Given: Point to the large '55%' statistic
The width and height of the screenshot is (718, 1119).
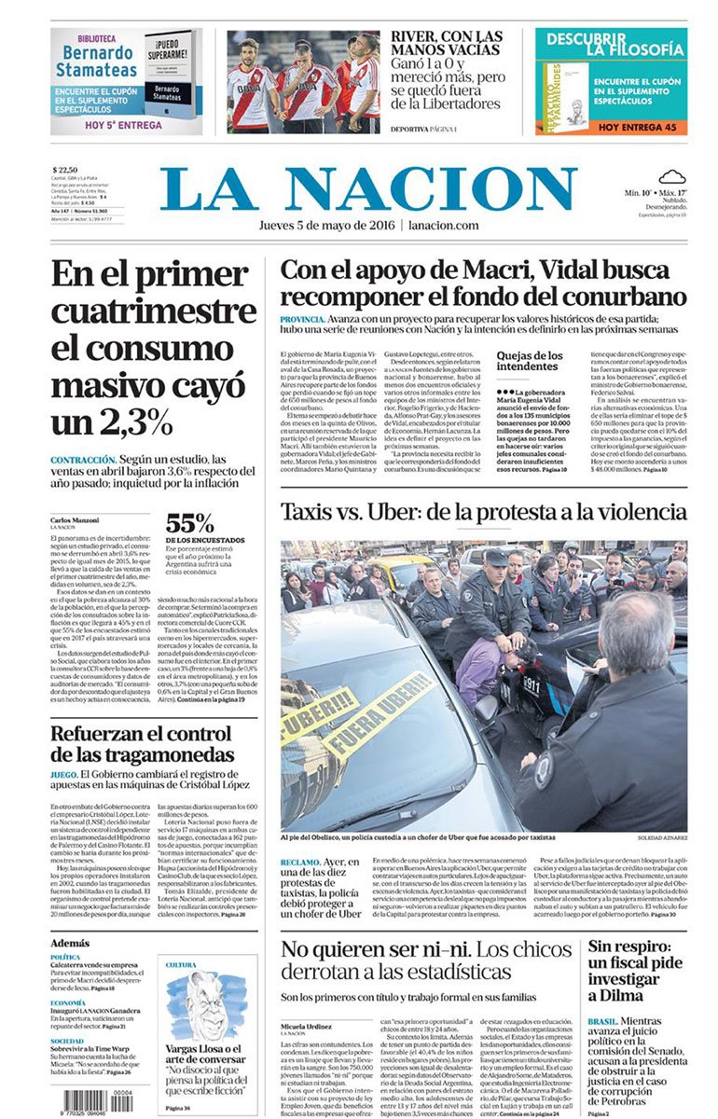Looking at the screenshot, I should coord(190,523).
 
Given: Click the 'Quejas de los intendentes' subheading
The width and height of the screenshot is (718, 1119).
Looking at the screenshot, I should coord(529,361).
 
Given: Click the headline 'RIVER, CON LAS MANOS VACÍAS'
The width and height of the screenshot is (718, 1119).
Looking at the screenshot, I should coord(446,45).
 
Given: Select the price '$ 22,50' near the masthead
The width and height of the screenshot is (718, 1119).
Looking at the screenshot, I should coord(64,168).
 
